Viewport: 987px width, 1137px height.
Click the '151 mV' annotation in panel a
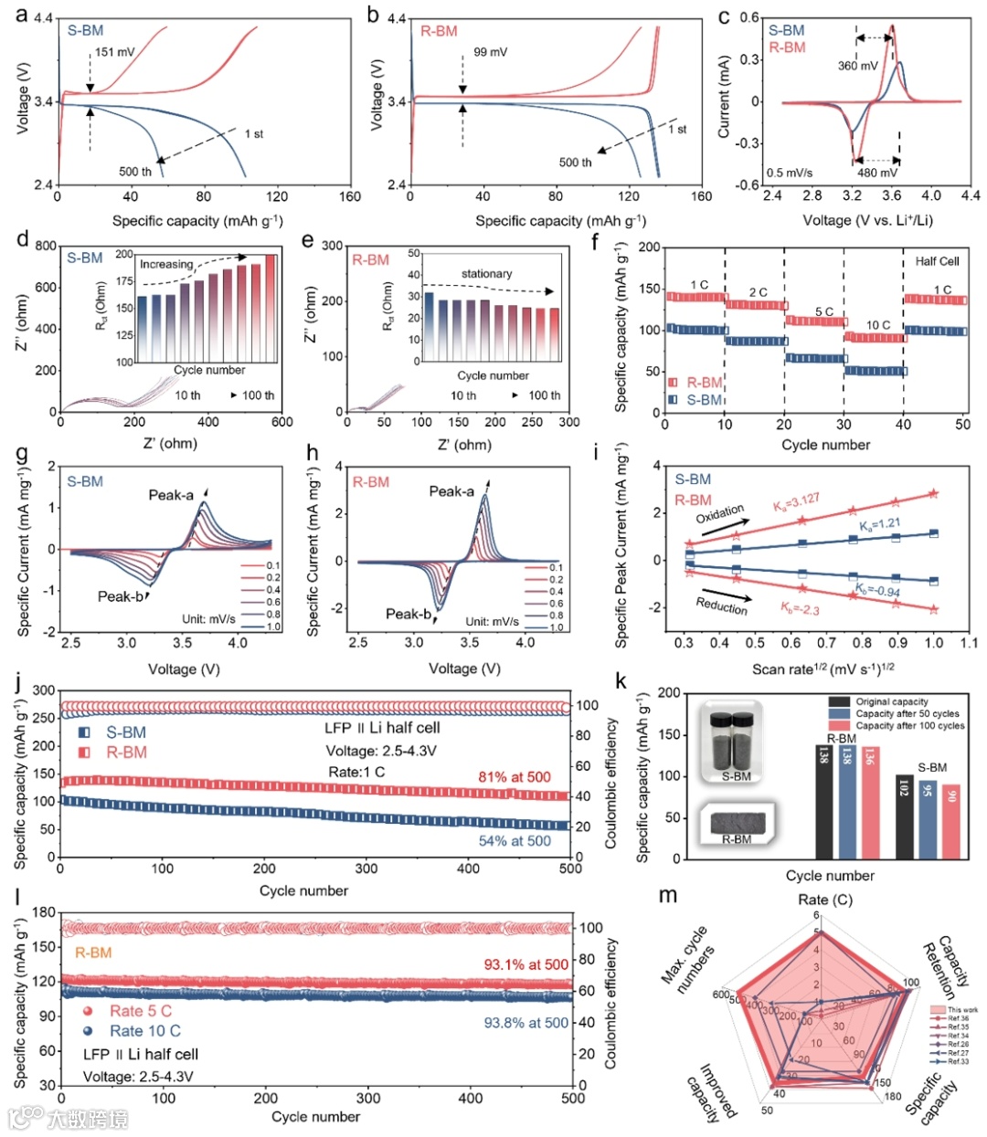pos(114,52)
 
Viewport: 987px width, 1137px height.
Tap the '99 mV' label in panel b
pos(490,52)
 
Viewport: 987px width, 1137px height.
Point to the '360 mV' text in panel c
pos(857,66)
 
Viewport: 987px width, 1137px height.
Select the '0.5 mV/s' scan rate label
pos(790,172)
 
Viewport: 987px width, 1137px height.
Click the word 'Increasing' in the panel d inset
pos(166,264)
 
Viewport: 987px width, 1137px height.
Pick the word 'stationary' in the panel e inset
pos(486,274)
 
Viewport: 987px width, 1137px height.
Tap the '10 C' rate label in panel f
pos(878,325)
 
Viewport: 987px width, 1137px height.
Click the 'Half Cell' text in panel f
pos(937,261)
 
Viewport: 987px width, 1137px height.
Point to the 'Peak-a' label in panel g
pos(171,495)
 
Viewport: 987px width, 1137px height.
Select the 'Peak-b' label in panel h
pos(408,614)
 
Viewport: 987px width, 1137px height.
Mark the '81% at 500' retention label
pos(515,777)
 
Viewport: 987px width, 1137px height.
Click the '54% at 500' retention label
pos(515,840)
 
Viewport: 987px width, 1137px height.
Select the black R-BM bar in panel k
pos(823,802)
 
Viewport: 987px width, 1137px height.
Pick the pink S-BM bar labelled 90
pos(950,822)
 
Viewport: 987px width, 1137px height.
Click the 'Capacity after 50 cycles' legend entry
pos(907,713)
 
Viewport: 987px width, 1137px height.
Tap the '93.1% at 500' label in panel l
pos(525,964)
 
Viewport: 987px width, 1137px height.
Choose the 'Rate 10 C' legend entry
pos(144,1030)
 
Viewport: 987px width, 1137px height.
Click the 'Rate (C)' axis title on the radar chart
pos(825,900)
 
